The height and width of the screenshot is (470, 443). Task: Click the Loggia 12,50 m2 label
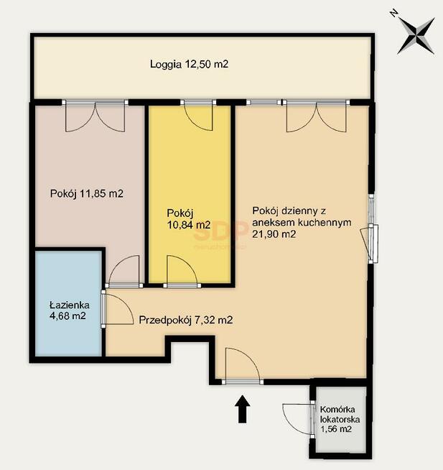(x=189, y=64)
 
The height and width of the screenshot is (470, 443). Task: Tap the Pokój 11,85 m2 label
(x=87, y=193)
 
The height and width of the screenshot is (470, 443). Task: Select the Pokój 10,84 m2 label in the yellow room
(x=189, y=218)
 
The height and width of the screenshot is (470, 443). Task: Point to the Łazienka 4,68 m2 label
(x=70, y=310)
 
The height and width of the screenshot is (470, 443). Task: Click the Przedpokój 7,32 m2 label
(x=186, y=320)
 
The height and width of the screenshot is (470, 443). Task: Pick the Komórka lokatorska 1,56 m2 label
(x=340, y=419)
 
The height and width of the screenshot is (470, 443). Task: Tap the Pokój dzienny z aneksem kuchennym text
(x=302, y=216)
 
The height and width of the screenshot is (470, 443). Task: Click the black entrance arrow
(x=242, y=409)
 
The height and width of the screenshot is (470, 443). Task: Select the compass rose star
(x=416, y=36)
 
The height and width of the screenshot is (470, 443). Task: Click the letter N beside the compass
(x=394, y=14)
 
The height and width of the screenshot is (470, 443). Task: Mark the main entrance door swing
(x=242, y=366)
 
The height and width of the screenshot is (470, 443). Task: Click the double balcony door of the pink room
(x=95, y=116)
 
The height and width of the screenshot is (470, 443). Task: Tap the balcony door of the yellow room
(x=198, y=115)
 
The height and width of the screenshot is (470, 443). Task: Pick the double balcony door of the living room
(x=317, y=116)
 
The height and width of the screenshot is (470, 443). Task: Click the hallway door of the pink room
(x=124, y=271)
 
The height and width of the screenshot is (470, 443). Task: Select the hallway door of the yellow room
(x=182, y=271)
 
